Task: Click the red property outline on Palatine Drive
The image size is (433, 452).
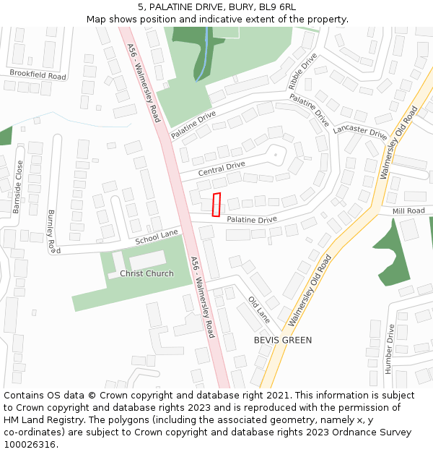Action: [x=216, y=205]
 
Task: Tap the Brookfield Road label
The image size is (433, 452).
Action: [x=38, y=74]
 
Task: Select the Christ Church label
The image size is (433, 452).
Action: [x=146, y=273]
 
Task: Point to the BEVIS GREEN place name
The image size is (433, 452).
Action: [x=283, y=340]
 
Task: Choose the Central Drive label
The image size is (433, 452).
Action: [x=222, y=169]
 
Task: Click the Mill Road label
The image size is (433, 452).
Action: [x=408, y=211]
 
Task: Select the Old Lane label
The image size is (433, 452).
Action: [x=258, y=310]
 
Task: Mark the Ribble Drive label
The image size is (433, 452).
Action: [x=302, y=71]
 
